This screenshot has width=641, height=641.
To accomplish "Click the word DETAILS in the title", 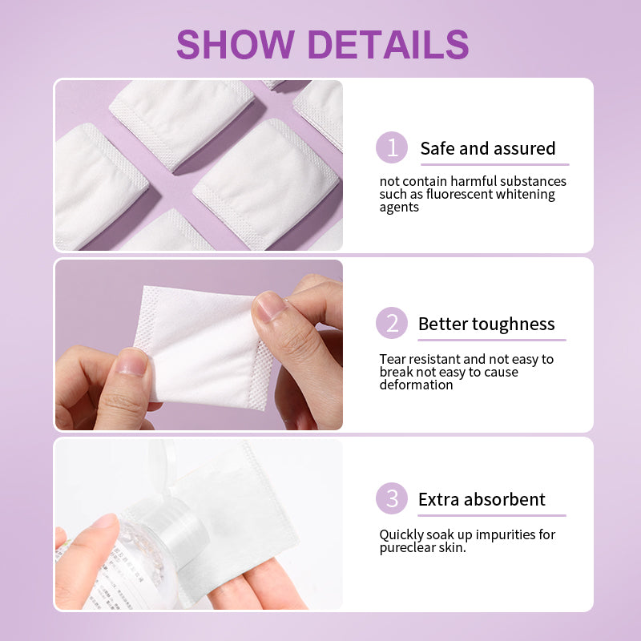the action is click(388, 44).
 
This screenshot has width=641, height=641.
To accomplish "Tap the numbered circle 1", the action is click(392, 147).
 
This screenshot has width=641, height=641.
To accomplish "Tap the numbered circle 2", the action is click(392, 323).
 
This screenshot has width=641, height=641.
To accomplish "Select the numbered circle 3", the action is click(392, 498).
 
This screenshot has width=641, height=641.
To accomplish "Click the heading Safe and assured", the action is click(488, 148).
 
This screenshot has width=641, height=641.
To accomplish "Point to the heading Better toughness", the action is click(486, 325).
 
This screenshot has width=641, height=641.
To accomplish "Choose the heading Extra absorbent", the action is click(482, 499).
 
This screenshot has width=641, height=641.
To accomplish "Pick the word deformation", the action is click(416, 385).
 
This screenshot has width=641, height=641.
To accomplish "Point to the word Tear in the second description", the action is click(393, 359).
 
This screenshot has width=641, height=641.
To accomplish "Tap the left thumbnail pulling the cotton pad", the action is click(131, 362).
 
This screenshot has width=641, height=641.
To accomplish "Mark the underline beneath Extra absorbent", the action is click(492, 515).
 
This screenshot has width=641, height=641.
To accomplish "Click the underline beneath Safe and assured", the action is click(495, 164).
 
